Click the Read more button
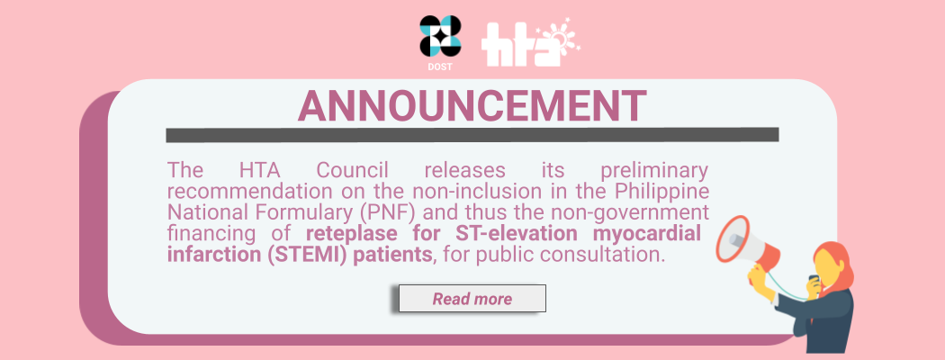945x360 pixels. click(472, 299)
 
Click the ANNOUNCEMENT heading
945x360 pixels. click(472, 106)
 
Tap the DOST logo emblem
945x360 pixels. click(441, 36)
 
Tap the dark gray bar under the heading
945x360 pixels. click(472, 134)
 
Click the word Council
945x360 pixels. click(353, 171)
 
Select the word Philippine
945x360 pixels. click(661, 193)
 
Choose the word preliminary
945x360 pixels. click(654, 172)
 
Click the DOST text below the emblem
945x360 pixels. click(440, 67)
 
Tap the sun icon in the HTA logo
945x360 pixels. click(557, 38)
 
